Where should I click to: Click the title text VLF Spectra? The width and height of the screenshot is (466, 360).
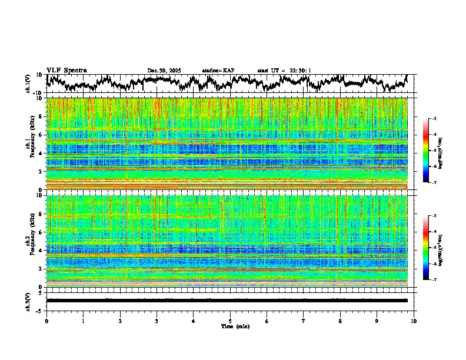click(x=66, y=70)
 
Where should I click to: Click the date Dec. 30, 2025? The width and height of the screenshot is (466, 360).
click(x=164, y=71)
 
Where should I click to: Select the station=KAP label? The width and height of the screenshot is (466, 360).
click(x=218, y=71)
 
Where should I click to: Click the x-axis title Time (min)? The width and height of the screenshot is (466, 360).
click(x=230, y=326)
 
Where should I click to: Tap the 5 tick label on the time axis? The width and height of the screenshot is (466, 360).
click(x=230, y=321)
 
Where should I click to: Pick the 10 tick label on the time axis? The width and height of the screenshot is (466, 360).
click(x=414, y=321)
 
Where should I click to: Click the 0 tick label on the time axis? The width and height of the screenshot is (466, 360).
click(x=46, y=321)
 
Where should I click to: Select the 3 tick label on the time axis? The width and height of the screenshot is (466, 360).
click(x=157, y=321)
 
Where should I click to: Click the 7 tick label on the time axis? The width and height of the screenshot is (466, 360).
click(x=304, y=321)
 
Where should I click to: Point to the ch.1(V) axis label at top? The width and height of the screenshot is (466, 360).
click(x=28, y=84)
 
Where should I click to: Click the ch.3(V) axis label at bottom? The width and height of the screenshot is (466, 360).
click(x=28, y=300)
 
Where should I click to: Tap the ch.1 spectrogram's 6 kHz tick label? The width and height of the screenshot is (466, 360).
click(x=40, y=135)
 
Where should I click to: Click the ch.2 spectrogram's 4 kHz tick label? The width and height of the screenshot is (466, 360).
click(x=40, y=250)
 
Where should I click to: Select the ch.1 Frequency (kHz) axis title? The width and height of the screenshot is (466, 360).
click(x=29, y=144)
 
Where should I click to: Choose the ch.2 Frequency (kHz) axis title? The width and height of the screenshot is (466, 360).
click(x=29, y=241)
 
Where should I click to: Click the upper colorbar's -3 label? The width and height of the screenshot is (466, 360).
click(x=434, y=119)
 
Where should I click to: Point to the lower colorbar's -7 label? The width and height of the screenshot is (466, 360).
click(x=434, y=280)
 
